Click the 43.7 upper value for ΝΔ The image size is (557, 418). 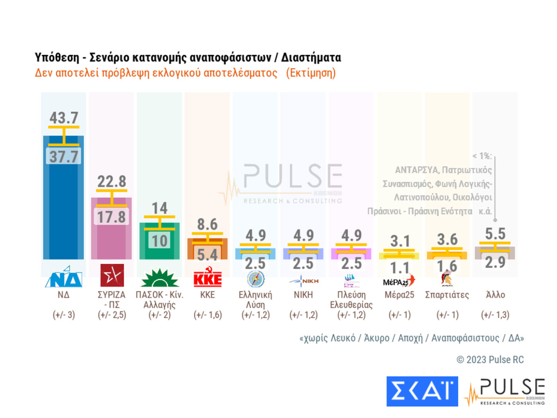[x=63, y=118]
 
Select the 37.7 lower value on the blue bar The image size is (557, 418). [x=63, y=157]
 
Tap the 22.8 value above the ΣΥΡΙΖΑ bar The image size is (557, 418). [x=111, y=182]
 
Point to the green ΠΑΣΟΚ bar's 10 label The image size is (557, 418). [x=159, y=241]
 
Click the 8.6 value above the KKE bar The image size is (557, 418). [x=207, y=225]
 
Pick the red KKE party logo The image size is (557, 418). [x=207, y=277]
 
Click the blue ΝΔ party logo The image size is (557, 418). [x=63, y=277]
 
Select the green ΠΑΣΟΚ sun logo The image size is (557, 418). [x=159, y=278]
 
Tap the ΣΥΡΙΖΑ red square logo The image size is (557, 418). [x=112, y=275]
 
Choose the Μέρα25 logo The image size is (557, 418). [x=399, y=281]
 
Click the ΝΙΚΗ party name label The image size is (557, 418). [x=303, y=295]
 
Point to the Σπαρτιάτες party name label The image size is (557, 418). [x=447, y=295]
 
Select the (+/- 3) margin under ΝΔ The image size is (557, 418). [x=63, y=315]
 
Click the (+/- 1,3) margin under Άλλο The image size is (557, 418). [x=495, y=315]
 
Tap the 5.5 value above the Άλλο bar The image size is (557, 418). [x=495, y=234]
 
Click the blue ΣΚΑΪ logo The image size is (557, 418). [x=422, y=391]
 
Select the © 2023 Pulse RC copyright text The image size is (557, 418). [x=490, y=360]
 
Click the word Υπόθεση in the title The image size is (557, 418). [x=57, y=57]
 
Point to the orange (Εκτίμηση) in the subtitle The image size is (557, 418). [x=311, y=73]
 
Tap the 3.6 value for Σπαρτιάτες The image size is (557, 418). [x=447, y=239]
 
